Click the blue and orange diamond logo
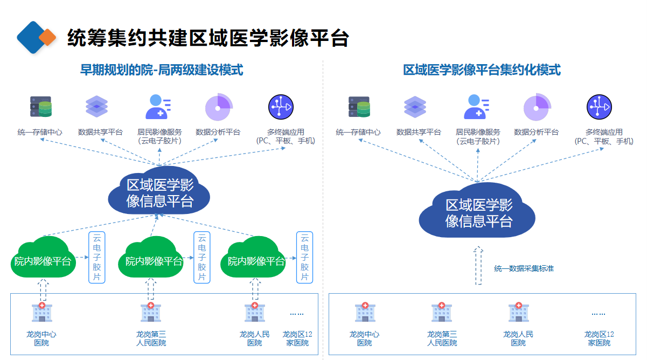[x=36, y=37]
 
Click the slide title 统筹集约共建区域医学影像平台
[x=208, y=38]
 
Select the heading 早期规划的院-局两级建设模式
[x=162, y=70]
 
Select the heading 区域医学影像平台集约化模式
[x=482, y=70]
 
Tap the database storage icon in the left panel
[x=41, y=107]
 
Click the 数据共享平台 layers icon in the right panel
[x=415, y=107]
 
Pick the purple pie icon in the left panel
[x=218, y=107]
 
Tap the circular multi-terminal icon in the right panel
[x=599, y=107]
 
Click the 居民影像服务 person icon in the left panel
[x=158, y=107]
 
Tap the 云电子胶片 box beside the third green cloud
[x=304, y=257]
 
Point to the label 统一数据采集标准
[x=524, y=268]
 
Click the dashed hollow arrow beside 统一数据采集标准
[x=478, y=266]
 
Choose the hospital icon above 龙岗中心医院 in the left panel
[x=41, y=313]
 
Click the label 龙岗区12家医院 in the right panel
[x=599, y=338]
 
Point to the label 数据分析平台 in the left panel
[x=218, y=132]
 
